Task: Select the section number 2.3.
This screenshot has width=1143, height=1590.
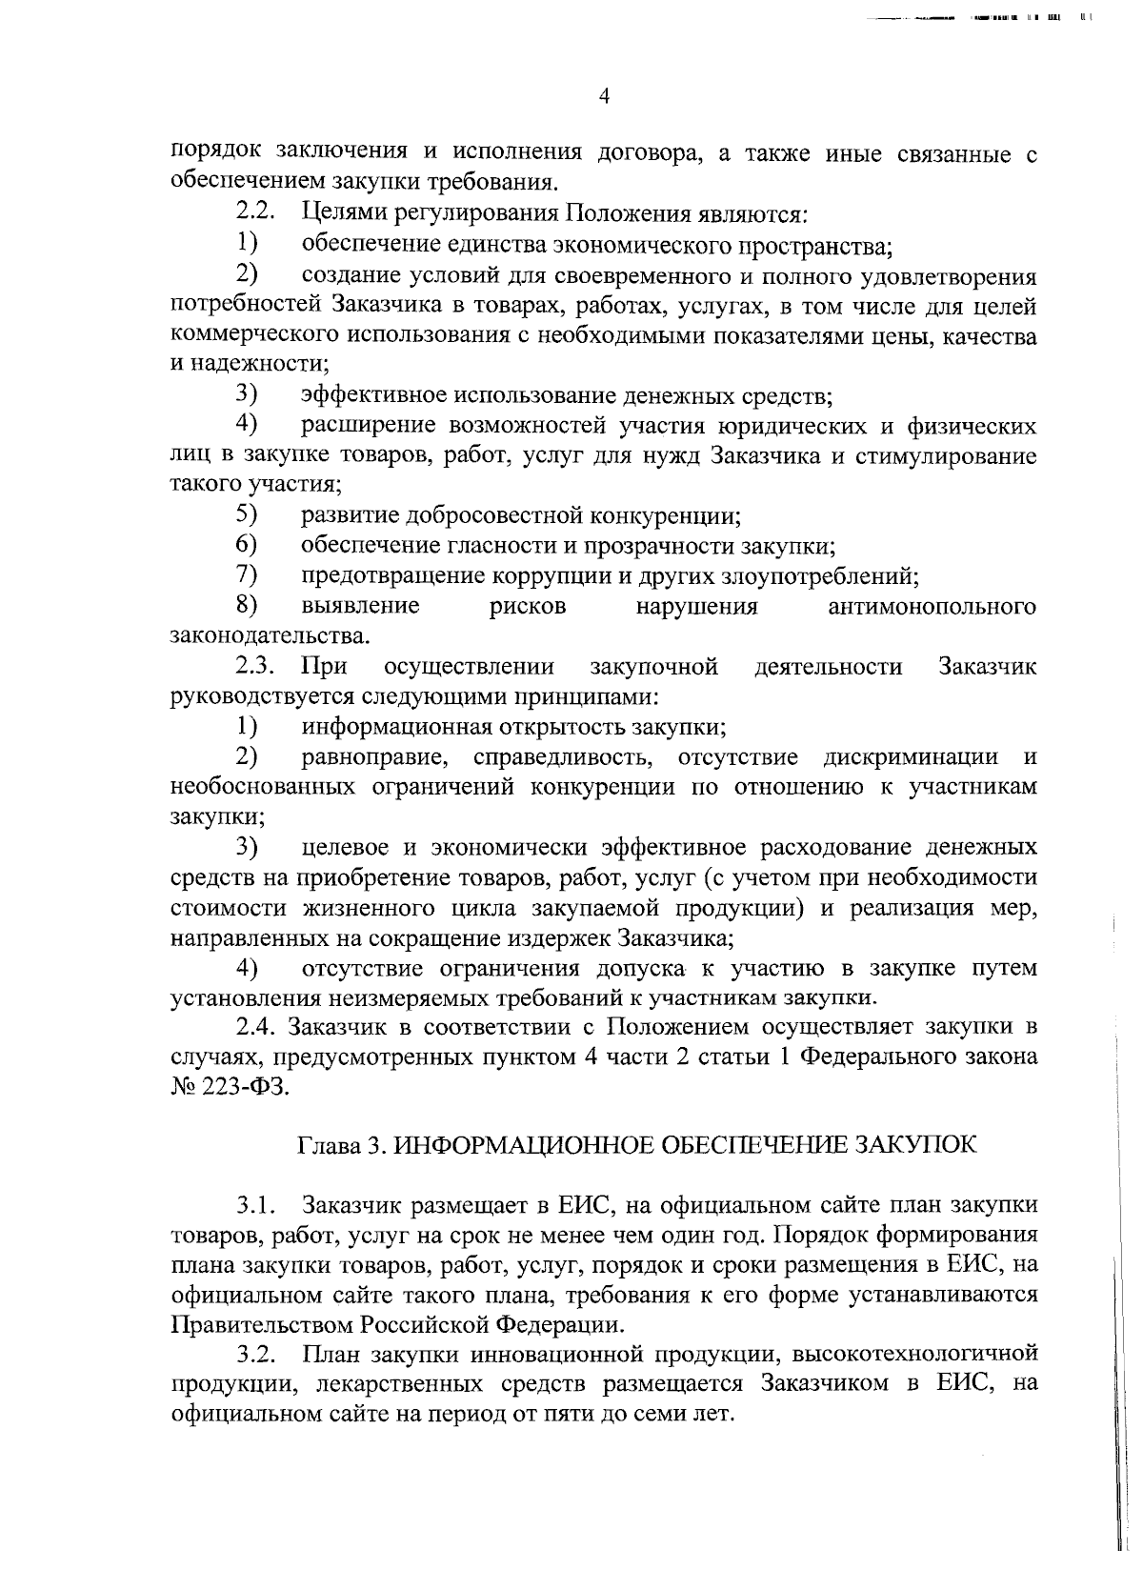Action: pos(256,666)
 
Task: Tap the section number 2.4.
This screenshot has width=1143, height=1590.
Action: pos(256,1028)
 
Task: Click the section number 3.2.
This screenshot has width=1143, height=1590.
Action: pos(256,1354)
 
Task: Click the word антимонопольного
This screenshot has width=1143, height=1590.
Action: pos(932,607)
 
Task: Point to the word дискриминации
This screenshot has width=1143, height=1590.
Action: pos(911,757)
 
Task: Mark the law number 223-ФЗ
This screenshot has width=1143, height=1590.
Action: pos(244,1088)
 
